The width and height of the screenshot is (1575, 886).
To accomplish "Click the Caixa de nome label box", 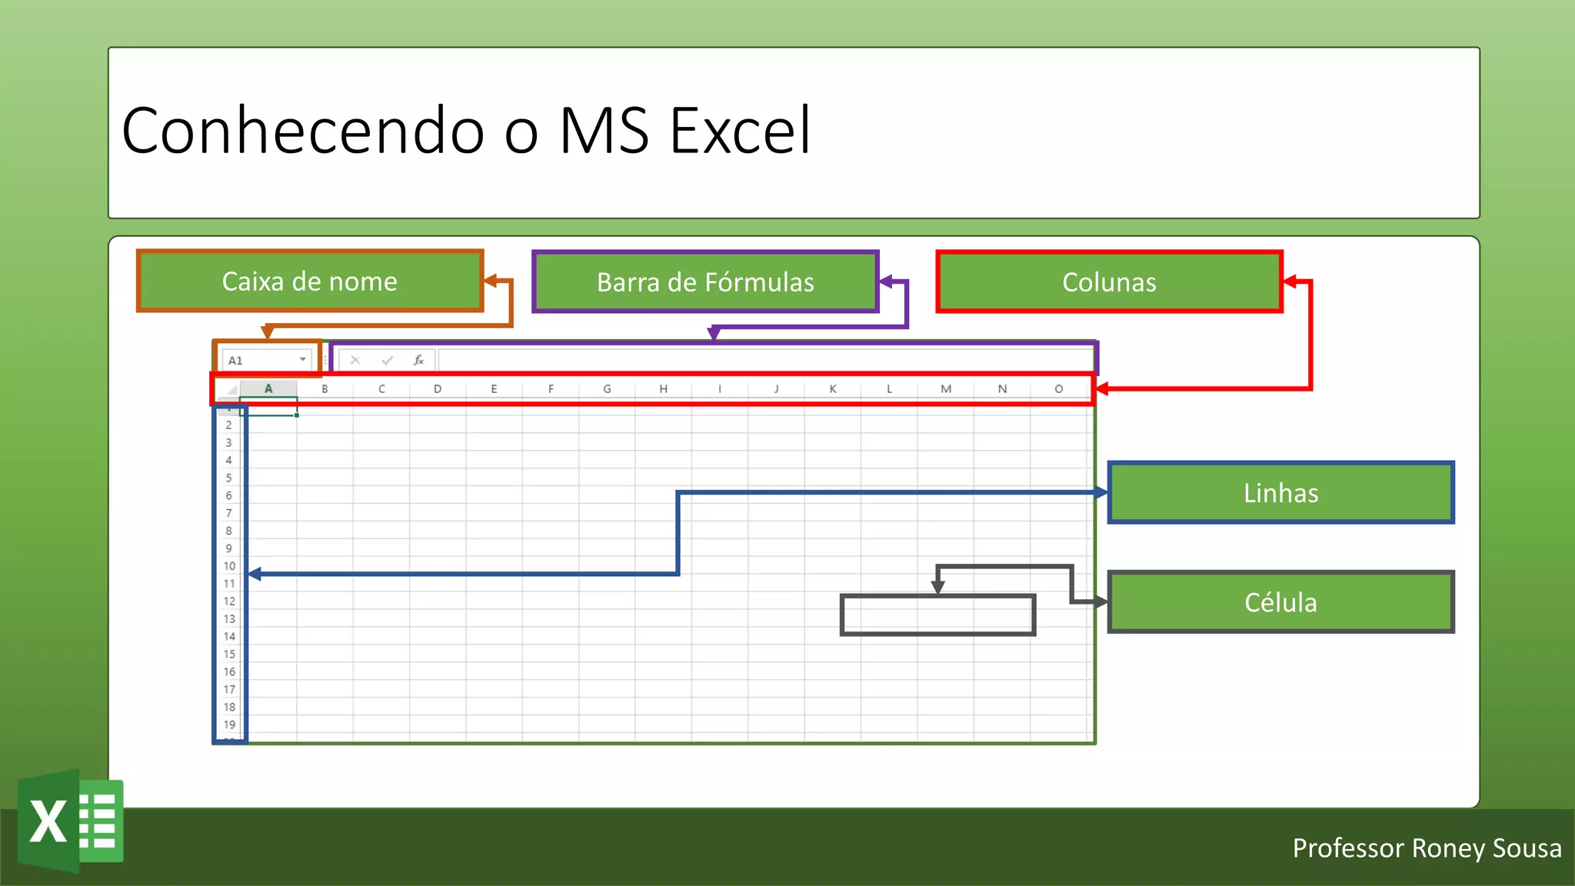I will tap(309, 281).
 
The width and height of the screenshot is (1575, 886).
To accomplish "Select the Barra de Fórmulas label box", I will tap(705, 282).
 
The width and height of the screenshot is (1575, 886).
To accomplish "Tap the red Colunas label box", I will tap(1109, 282).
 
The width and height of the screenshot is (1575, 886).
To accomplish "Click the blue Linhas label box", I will tap(1280, 493).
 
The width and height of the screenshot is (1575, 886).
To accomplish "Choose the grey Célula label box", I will tap(1280, 602).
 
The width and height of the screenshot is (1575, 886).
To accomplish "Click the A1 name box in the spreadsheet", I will tap(261, 360).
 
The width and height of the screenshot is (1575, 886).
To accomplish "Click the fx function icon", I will tap(418, 360).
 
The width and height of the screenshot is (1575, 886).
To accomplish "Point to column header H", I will tap(663, 389).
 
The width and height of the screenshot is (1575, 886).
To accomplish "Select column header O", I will tap(1058, 389).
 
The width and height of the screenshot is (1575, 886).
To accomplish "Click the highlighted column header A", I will tap(268, 389).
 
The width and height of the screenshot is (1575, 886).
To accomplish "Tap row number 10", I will tap(229, 566).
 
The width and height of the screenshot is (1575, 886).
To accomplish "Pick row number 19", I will tap(229, 724).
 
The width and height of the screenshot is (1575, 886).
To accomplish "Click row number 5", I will tap(228, 478).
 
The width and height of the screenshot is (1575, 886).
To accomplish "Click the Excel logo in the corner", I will tap(71, 821).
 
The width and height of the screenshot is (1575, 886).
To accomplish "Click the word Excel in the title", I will tap(740, 131).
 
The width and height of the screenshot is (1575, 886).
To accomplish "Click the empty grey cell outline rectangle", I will tap(937, 615).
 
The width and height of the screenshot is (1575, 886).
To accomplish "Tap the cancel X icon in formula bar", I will tap(355, 360).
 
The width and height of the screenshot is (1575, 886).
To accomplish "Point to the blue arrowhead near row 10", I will tap(255, 574).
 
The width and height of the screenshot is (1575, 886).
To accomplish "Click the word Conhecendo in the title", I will tap(303, 131).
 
